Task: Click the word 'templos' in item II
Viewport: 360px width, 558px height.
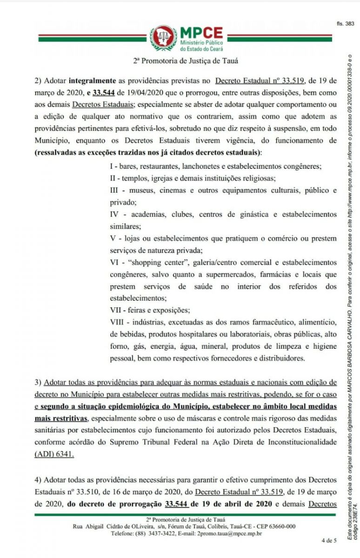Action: [x=132, y=178]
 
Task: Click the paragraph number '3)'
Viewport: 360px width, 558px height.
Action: [x=38, y=382]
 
